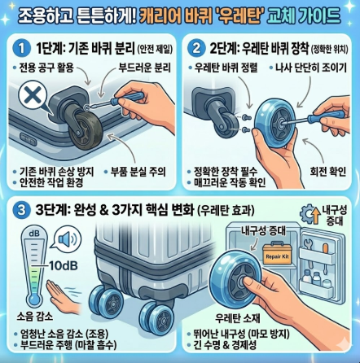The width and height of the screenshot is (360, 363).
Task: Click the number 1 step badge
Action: click(21, 49)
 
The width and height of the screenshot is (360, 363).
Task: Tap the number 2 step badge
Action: click(196, 49)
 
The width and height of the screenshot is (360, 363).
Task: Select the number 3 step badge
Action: click(21, 211)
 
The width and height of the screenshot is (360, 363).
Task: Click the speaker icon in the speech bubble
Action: click(68, 239)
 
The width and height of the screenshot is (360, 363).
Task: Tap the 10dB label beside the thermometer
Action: click(63, 265)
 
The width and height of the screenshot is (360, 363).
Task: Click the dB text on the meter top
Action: click(34, 234)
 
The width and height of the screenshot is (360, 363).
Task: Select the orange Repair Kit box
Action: click(277, 254)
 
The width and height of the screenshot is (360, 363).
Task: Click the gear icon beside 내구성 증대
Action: click(307, 214)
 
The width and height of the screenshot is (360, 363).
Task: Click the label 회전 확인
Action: click(328, 171)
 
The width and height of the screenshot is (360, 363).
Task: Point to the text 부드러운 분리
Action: click(145, 68)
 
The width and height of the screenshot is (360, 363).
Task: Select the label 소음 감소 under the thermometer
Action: click(35, 317)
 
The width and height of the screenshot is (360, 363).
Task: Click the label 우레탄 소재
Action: click(238, 318)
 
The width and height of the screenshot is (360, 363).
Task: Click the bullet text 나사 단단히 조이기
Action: click(311, 68)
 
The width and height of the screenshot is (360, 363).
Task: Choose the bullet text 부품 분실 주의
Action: click(138, 172)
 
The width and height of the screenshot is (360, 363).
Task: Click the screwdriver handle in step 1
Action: click(129, 98)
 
